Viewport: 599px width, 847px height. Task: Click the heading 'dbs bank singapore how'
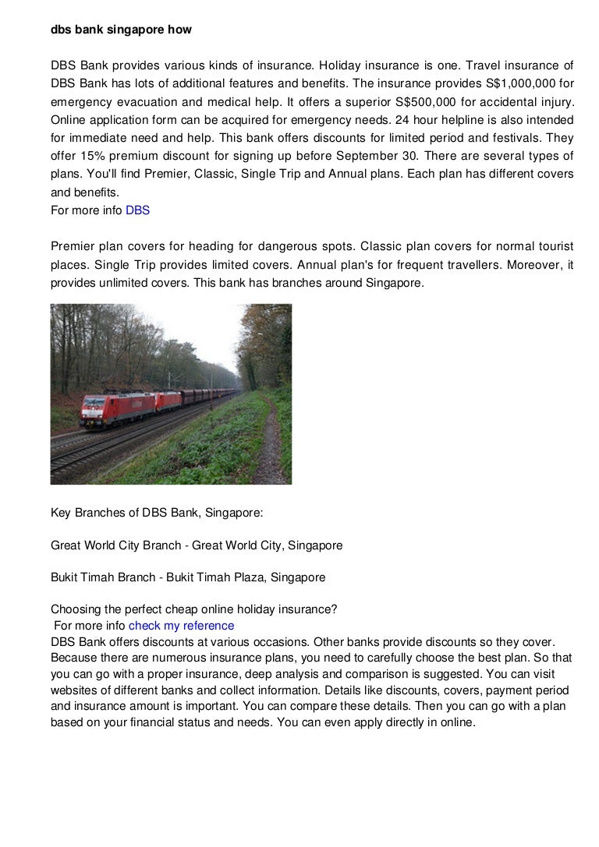pos(121,30)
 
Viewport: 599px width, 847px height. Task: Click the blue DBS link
pos(137,210)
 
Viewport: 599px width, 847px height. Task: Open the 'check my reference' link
pos(181,626)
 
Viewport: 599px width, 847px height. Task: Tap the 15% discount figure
pos(92,156)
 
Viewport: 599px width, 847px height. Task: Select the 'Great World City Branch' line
pos(197,545)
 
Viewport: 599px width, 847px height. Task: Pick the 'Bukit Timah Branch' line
pos(188,578)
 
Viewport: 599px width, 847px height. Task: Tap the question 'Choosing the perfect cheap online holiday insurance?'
pos(193,610)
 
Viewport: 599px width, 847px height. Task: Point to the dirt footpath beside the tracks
pos(268,444)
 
